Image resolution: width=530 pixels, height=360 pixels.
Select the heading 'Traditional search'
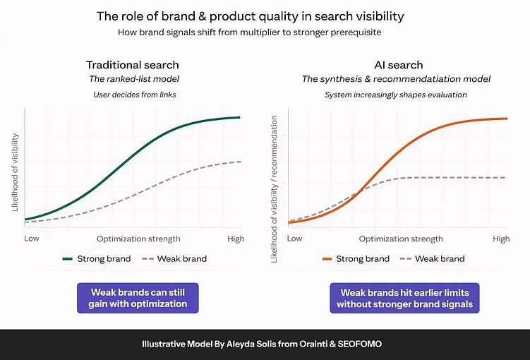point(133,64)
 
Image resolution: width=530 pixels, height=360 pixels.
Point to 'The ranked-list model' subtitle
point(133,79)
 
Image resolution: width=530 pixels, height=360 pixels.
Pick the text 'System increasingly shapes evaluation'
point(396,95)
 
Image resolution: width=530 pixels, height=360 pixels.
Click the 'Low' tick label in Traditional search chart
point(32,239)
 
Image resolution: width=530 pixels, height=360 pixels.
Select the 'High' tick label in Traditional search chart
point(236,239)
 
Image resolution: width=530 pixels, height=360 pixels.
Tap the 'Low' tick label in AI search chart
point(295,239)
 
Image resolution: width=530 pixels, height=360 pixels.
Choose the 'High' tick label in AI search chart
point(501,239)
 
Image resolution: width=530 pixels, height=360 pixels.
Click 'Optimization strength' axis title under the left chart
point(138,239)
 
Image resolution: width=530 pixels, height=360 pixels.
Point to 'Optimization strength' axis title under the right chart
point(402,239)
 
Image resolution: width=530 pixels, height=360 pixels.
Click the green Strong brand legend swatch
point(68,259)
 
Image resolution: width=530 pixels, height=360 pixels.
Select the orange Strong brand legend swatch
point(327,259)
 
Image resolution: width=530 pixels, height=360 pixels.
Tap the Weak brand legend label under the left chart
point(182,259)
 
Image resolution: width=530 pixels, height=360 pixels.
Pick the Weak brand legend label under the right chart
point(440,259)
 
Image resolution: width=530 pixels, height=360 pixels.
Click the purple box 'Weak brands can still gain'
point(138,298)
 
